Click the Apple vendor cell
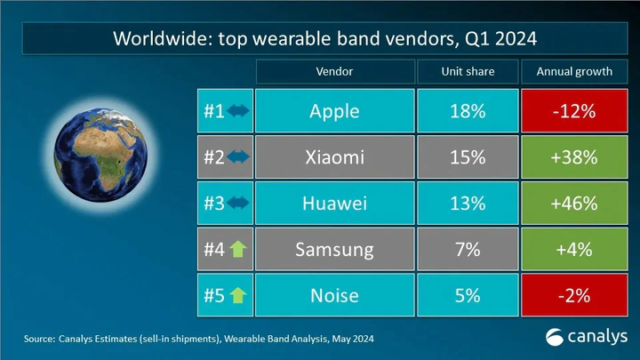335,111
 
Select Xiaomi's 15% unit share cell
468,157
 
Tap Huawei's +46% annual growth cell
574,204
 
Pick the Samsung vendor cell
335,250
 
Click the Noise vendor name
335,295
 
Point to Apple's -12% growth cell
574,111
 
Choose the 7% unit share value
468,250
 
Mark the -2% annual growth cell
574,295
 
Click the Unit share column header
468,71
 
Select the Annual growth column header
574,71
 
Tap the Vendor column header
335,71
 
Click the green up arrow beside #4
238,249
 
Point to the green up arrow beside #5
238,295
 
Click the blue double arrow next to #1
238,110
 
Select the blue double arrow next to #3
238,203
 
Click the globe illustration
100,155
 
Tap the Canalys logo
586,337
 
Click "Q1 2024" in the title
500,39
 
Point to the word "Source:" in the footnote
39,339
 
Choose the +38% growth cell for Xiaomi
574,157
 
